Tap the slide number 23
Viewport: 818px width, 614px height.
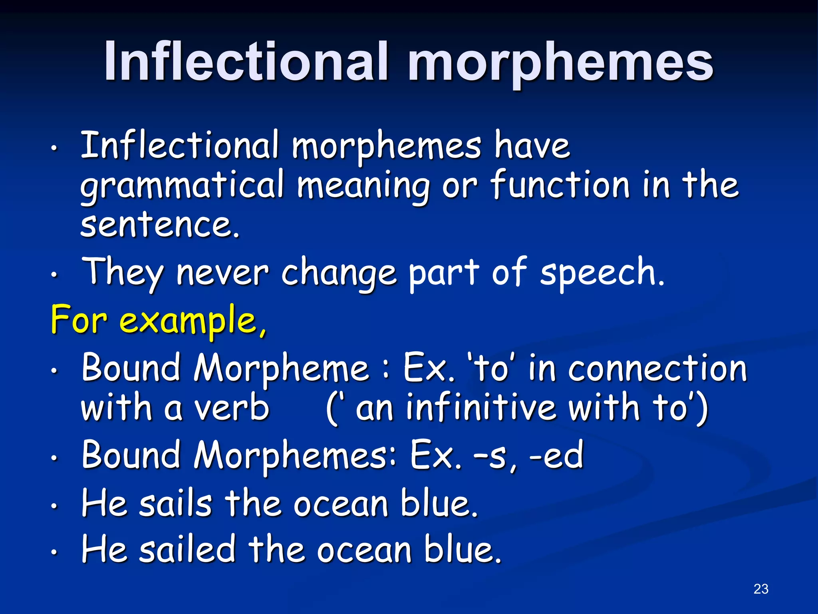[761, 589]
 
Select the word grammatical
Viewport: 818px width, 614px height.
[182, 186]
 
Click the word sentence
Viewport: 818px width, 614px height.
[160, 225]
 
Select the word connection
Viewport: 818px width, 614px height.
[657, 369]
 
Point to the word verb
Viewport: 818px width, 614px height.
[232, 409]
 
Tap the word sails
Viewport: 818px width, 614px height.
[175, 504]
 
